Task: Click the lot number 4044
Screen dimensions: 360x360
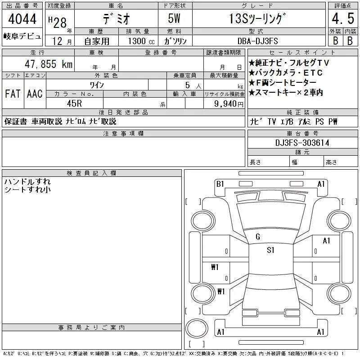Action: point(22,18)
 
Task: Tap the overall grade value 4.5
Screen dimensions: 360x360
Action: point(343,18)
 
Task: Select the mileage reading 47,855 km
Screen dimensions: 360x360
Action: point(49,64)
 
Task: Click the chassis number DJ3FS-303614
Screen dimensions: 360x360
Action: point(302,143)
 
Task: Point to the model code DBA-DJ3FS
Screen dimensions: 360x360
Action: point(257,41)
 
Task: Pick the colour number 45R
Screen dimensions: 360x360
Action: point(74,103)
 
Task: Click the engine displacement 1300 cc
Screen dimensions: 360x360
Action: point(141,41)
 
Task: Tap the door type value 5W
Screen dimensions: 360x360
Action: point(174,18)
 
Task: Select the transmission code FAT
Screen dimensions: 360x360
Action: point(13,94)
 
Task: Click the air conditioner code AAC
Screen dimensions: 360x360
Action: point(35,94)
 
